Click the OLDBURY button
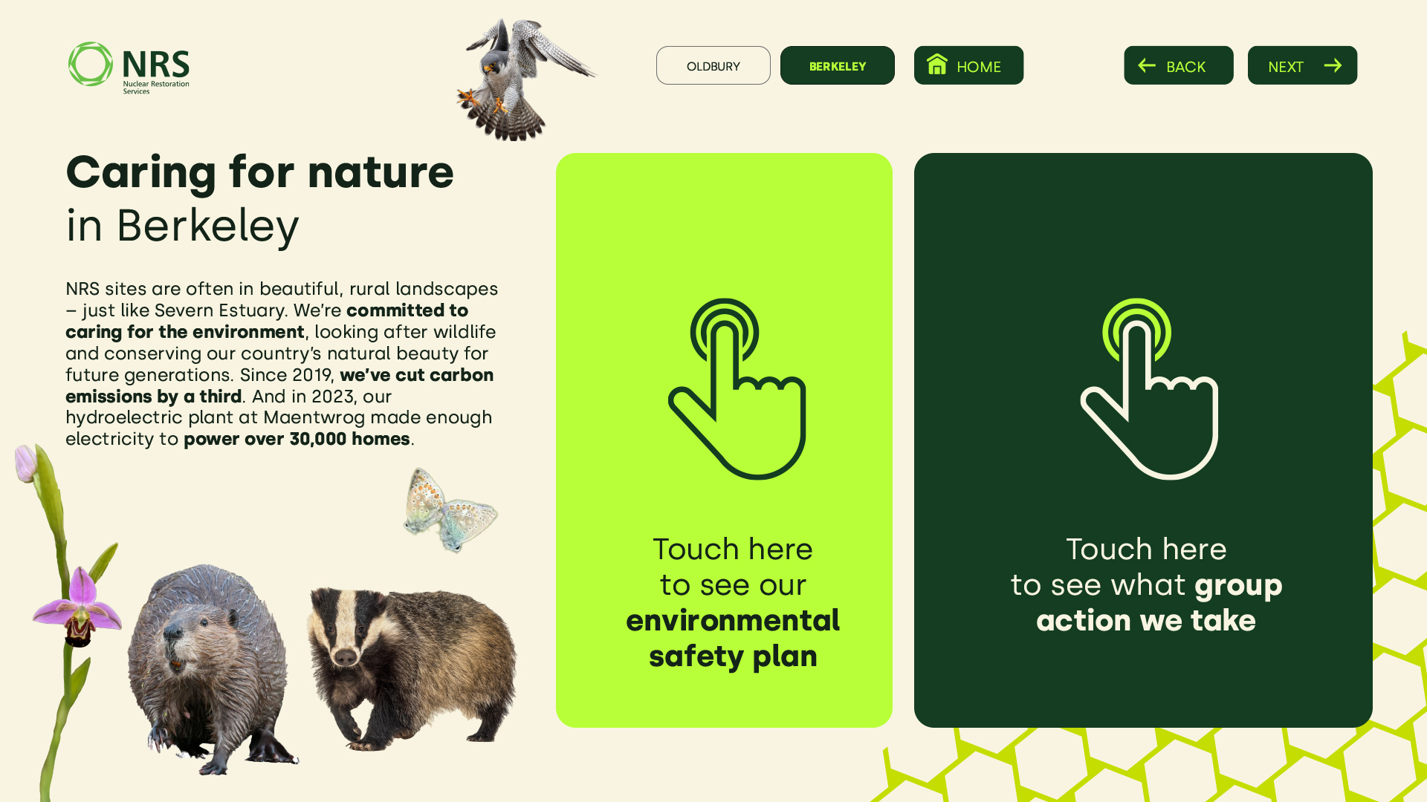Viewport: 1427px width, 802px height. click(x=713, y=65)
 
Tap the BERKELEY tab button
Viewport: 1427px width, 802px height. click(x=837, y=65)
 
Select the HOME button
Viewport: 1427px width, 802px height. click(x=968, y=65)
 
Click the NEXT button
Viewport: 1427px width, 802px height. click(x=1302, y=65)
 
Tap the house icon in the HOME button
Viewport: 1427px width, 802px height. click(x=937, y=64)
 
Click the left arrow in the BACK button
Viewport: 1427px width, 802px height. click(x=1147, y=65)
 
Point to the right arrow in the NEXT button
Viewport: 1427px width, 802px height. click(x=1333, y=65)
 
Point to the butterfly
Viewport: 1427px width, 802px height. click(x=450, y=510)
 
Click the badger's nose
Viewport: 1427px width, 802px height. click(x=346, y=656)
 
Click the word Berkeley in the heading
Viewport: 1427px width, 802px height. click(x=207, y=226)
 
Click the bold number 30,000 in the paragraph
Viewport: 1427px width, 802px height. click(x=318, y=439)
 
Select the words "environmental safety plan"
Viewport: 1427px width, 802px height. click(x=733, y=638)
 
